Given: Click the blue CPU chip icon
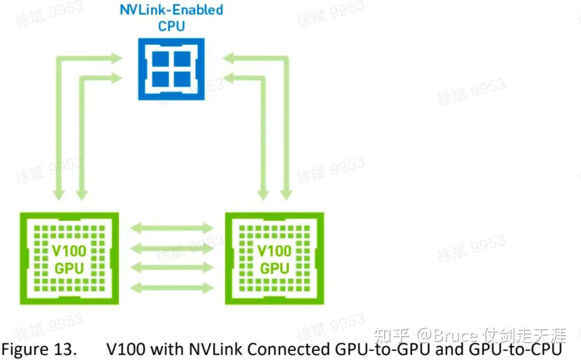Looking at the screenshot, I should (x=171, y=68).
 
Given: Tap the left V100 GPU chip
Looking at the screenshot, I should (x=69, y=258).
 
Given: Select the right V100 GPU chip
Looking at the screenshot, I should (x=274, y=258).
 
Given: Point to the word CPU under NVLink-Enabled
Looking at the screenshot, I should (x=171, y=25).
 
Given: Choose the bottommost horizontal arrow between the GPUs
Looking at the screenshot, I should (x=171, y=288).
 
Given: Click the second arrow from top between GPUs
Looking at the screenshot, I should (x=171, y=248).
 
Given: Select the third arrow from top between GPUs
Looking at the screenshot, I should (x=171, y=267).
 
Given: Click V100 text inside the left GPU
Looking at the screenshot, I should (x=69, y=250).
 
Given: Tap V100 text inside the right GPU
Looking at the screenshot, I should (x=274, y=250).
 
